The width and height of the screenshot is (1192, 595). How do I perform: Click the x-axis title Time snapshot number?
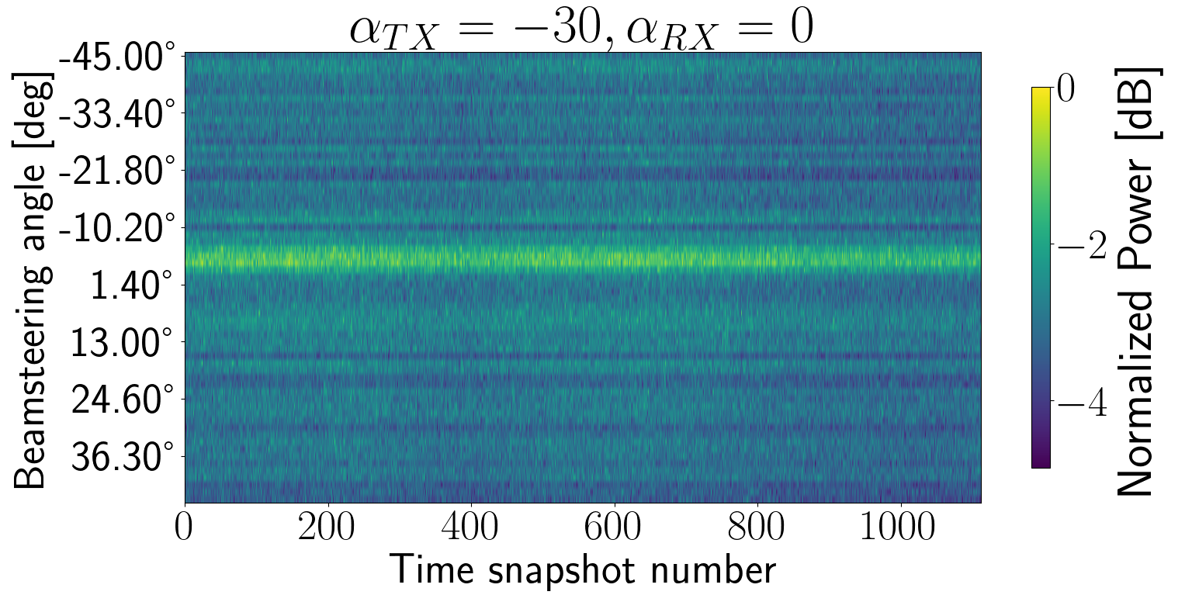point(582,571)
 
